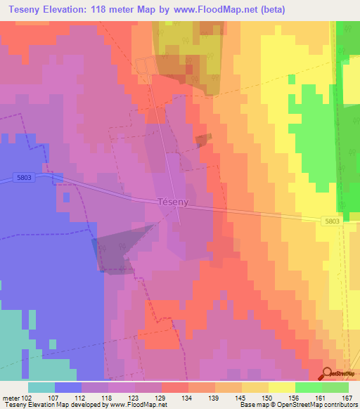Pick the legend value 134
click(188, 399)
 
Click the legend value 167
click(345, 399)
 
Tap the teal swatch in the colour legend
click(41, 387)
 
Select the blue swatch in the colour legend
click(68, 387)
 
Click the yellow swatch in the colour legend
click(282, 387)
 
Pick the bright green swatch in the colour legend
click(309, 387)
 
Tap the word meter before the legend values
click(11, 399)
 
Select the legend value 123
click(135, 399)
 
